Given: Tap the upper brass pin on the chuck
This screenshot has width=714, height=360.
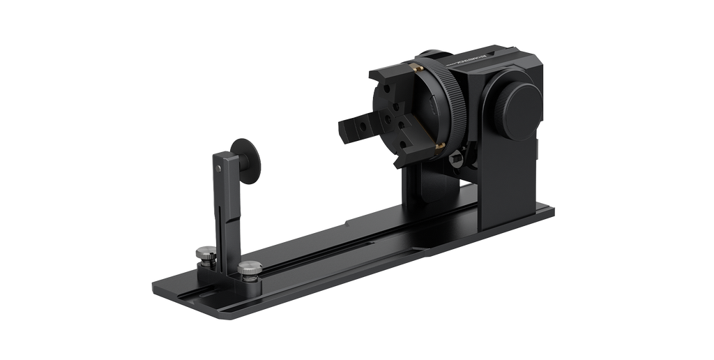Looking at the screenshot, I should click(x=416, y=68).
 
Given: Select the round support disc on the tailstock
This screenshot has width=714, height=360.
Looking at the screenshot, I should click(x=248, y=160).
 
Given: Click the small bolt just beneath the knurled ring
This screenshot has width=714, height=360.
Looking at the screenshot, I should click(x=457, y=160).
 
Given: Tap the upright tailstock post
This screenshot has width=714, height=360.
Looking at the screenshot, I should click(x=227, y=209).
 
